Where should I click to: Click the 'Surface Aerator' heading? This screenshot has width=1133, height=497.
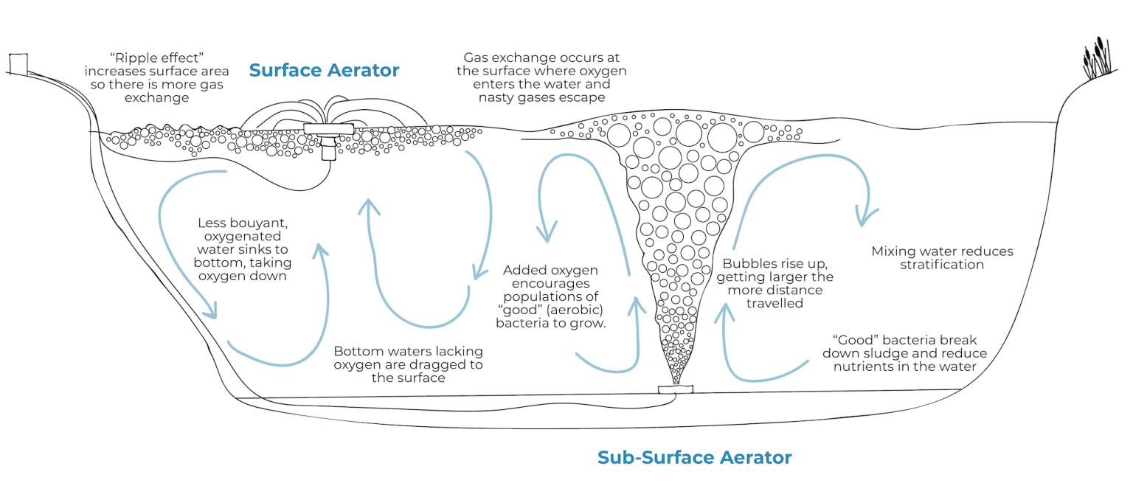click(324, 71)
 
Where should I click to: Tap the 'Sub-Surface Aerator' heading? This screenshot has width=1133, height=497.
click(694, 458)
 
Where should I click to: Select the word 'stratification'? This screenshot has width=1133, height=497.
click(942, 265)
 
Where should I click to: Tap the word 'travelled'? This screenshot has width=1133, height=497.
click(775, 303)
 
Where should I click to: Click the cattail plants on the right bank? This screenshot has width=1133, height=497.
click(1097, 58)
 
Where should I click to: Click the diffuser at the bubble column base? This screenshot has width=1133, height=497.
click(676, 389)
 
